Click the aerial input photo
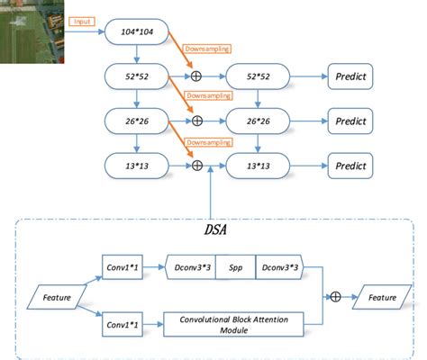(x=32, y=32)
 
